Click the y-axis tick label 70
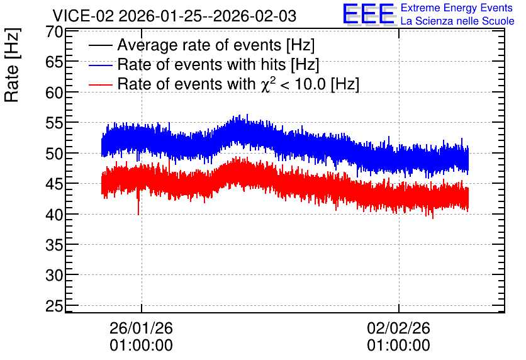(x=54, y=32)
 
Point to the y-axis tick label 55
(x=54, y=123)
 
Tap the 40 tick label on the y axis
(x=54, y=215)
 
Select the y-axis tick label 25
(x=54, y=306)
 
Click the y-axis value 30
(x=54, y=276)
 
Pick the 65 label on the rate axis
(x=54, y=62)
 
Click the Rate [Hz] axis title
(x=12, y=65)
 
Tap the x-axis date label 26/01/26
(x=141, y=328)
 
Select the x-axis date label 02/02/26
(x=398, y=328)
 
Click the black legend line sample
(x=100, y=45)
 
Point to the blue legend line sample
(x=100, y=65)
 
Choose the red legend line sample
(x=100, y=84)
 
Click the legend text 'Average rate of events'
(x=199, y=45)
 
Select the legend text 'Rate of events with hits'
(x=201, y=64)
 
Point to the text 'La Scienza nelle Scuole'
(x=457, y=21)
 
